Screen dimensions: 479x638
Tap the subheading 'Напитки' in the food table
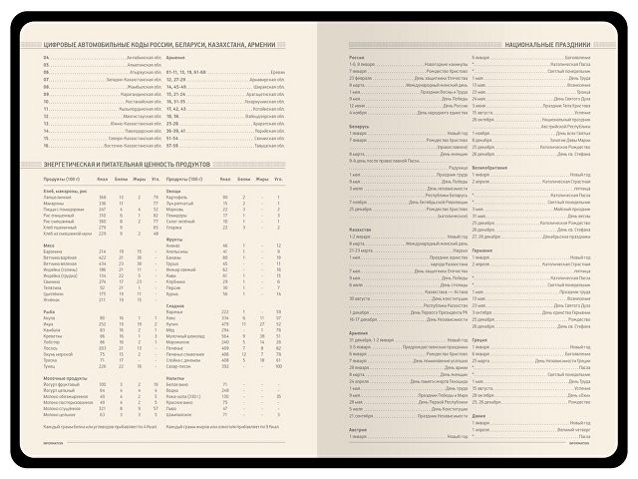(x=177, y=377)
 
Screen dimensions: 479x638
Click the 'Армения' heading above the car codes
(x=175, y=59)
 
